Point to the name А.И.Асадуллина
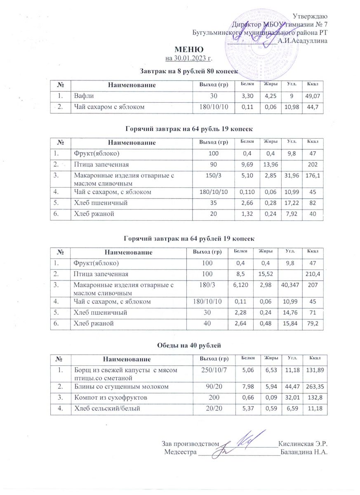pos(303,40)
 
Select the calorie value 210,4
pos(313,273)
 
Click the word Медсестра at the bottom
pos(180,452)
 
